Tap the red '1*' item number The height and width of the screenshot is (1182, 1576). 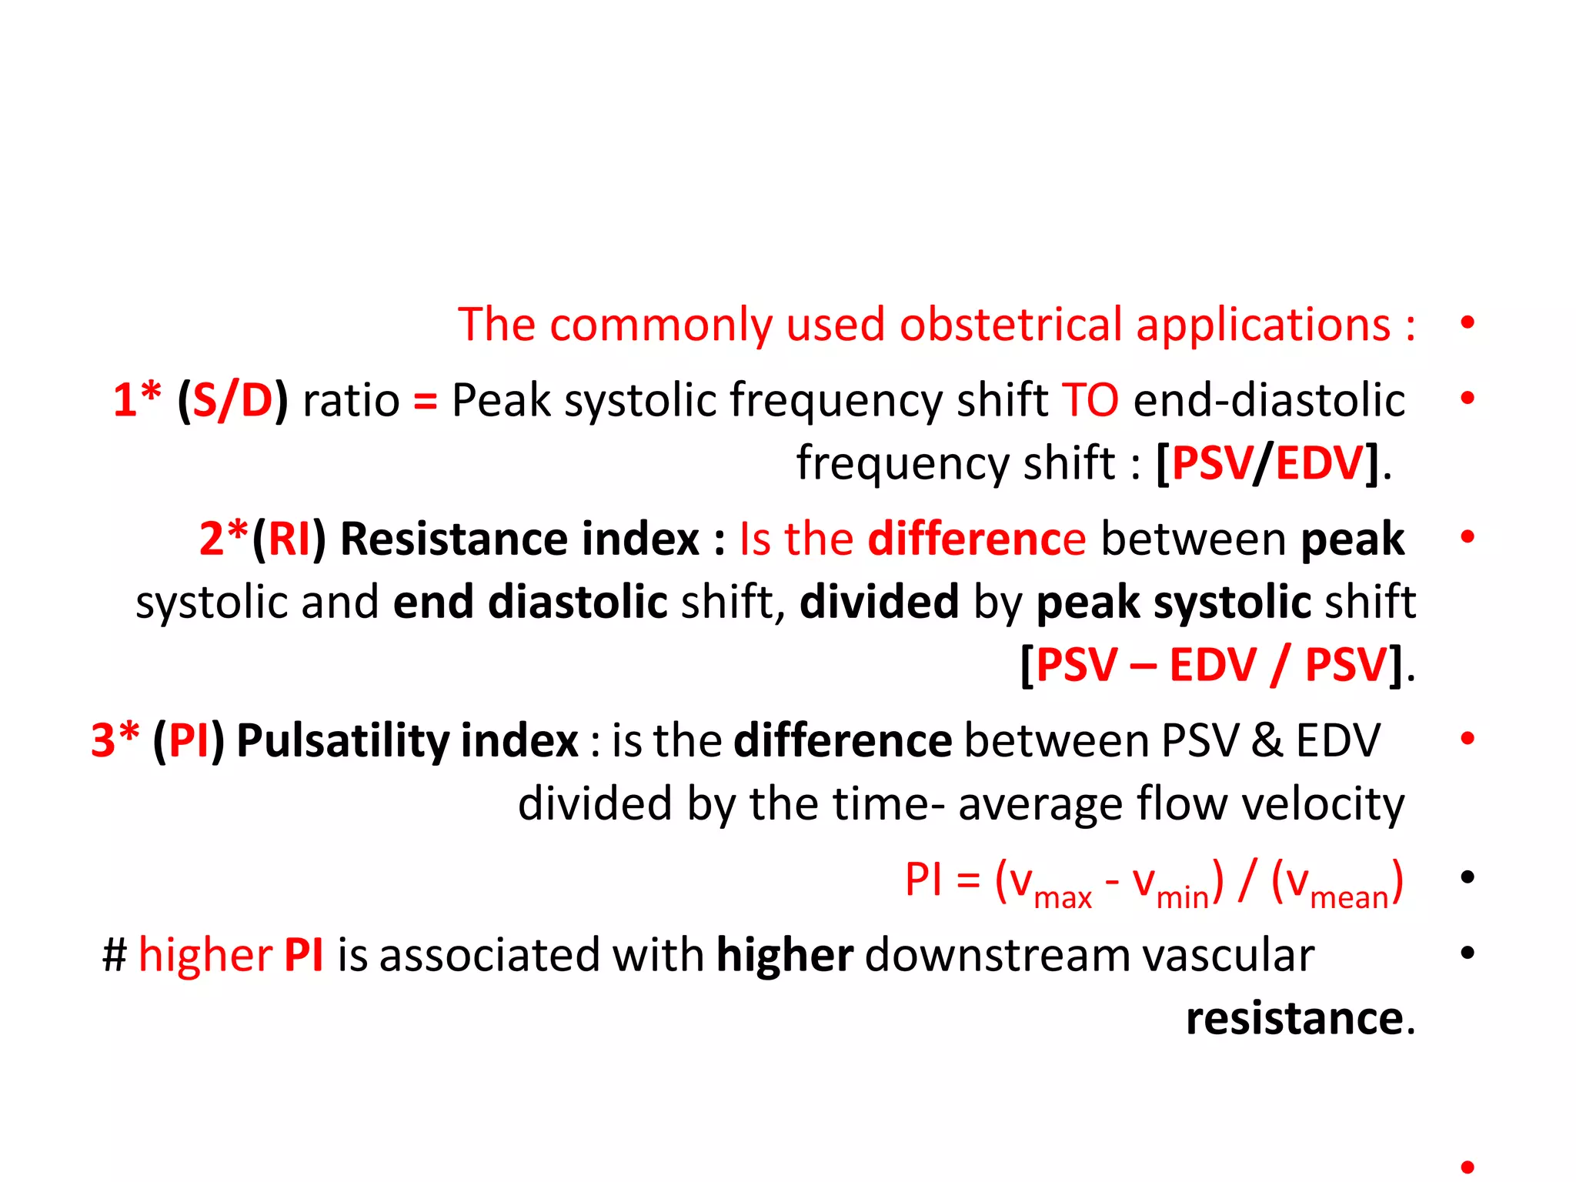tap(137, 400)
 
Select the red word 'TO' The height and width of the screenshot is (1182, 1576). tap(1090, 400)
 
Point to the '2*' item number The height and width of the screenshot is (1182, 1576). tap(224, 539)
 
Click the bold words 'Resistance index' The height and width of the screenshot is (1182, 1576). tap(519, 539)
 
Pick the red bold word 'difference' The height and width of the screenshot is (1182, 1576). tap(977, 539)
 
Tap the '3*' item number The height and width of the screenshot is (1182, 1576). tap(115, 740)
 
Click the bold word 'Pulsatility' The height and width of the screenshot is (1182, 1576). tap(342, 740)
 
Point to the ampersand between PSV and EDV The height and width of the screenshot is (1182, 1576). tap(1267, 740)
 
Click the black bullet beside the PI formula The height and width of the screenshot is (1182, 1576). tap(1467, 876)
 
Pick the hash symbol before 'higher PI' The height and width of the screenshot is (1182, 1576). tap(115, 956)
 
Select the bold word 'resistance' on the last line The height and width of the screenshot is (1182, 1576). tap(1295, 1019)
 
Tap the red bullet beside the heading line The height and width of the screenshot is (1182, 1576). tap(1467, 322)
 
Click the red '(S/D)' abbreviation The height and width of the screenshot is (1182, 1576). tap(232, 400)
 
